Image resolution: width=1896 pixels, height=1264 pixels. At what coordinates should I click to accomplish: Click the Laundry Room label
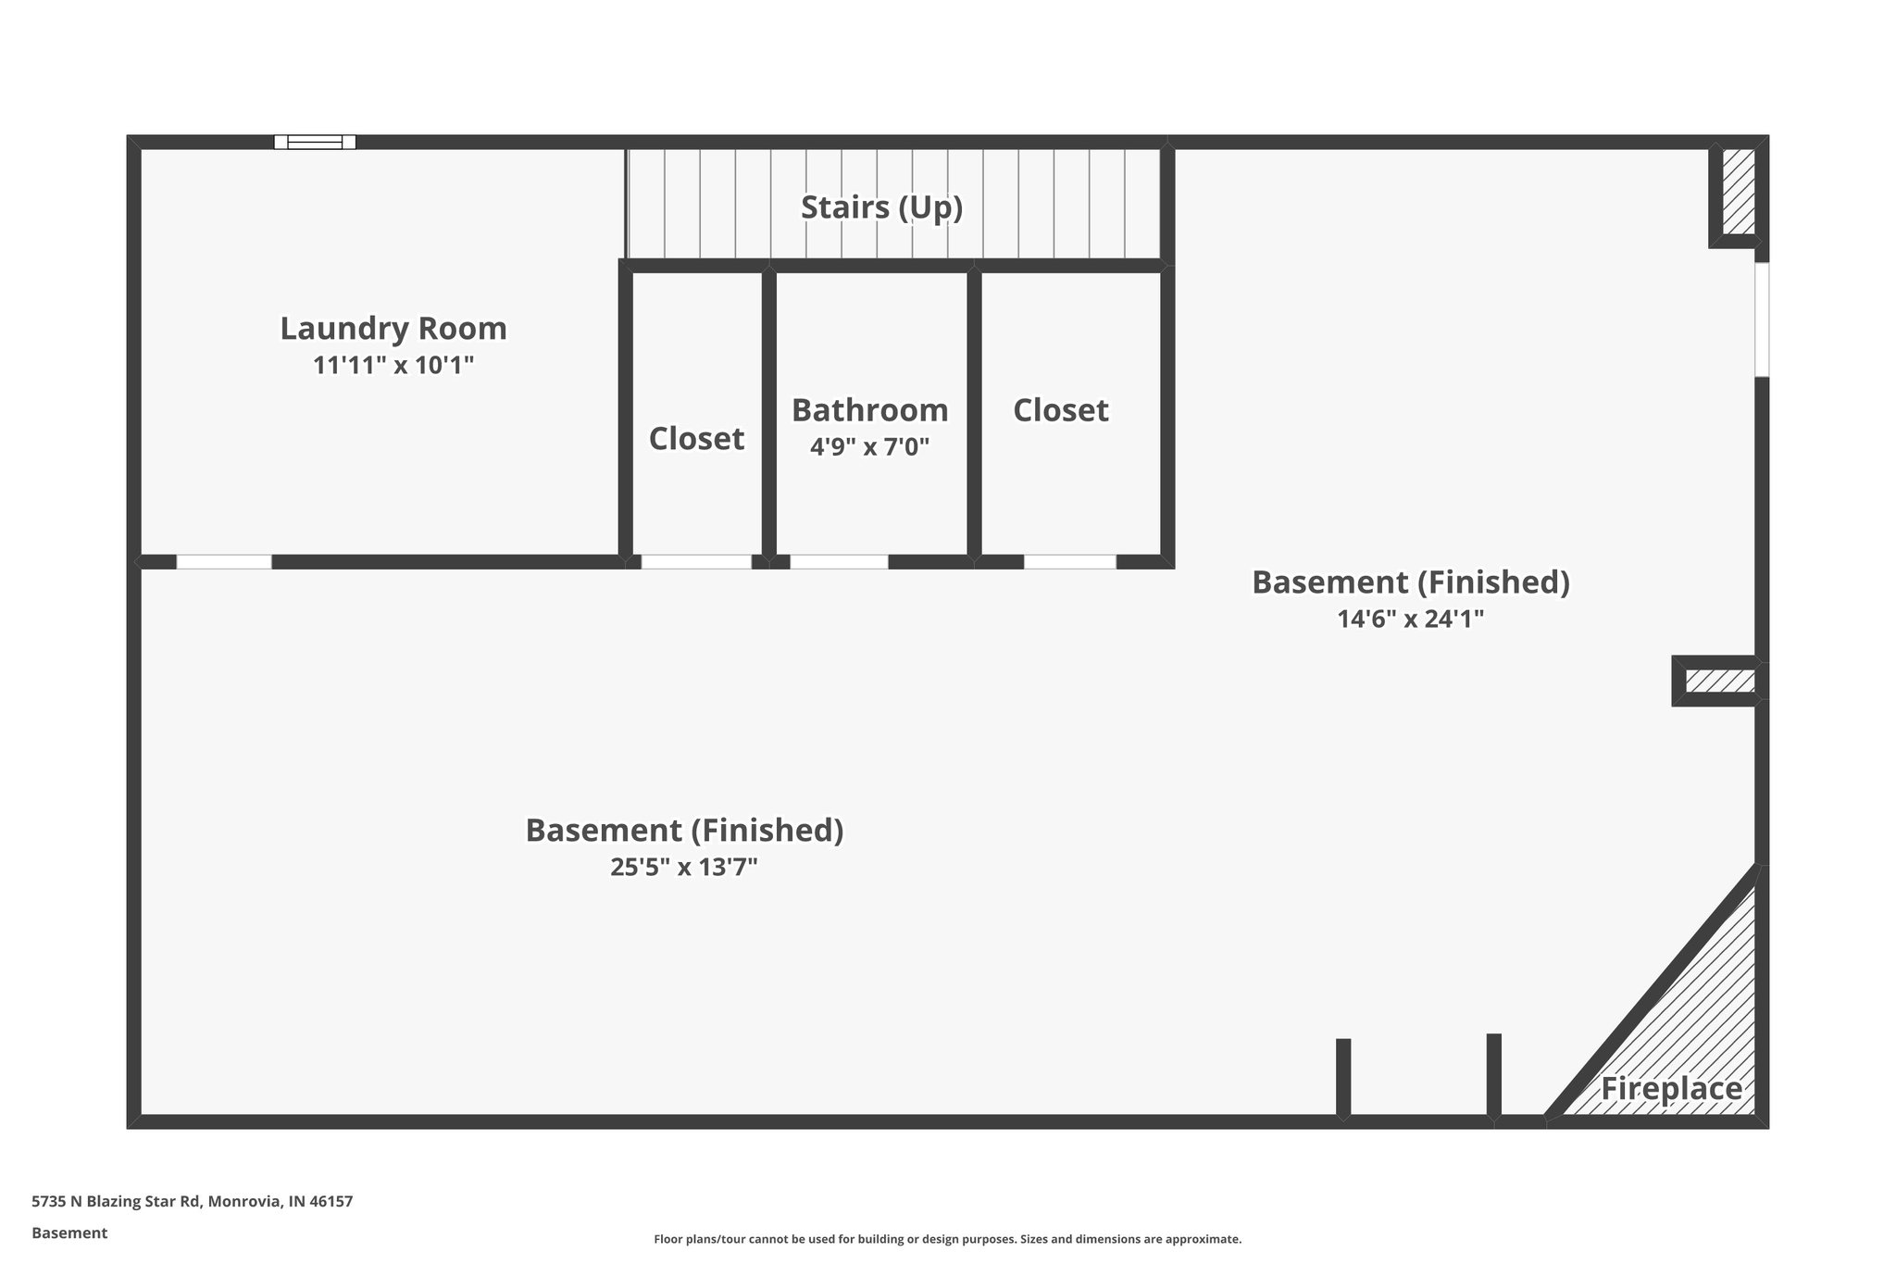pos(393,329)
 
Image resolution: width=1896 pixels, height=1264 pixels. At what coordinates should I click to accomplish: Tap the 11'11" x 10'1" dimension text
pos(393,366)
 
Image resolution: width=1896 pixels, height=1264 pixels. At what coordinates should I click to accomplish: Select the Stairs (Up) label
pos(881,207)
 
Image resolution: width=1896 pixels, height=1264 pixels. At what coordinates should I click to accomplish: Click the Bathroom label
pos(869,410)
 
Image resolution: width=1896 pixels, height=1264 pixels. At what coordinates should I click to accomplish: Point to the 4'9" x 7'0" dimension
pos(869,447)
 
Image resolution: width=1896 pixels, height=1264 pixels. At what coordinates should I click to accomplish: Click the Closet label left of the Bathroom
pos(696,439)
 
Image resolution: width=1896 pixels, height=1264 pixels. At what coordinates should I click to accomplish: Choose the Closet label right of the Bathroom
pos(1060,410)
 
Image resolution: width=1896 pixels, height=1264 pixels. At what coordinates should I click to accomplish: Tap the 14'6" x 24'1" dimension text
pos(1410,619)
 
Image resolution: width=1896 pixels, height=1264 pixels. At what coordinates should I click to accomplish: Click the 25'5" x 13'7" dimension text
pos(684,868)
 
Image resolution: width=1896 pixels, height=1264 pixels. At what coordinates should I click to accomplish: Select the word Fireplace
pos(1671,1089)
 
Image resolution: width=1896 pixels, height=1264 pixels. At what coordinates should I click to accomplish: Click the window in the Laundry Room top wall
pos(315,142)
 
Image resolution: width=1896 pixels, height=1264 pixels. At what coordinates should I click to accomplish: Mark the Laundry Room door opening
pos(224,562)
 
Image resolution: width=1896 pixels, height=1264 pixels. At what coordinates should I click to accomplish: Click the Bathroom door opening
pos(839,562)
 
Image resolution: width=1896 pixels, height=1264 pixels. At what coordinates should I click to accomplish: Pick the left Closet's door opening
pos(696,562)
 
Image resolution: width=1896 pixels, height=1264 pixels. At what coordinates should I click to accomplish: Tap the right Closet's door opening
pos(1069,562)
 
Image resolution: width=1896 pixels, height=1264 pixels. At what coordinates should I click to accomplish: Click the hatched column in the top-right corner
pos(1738,193)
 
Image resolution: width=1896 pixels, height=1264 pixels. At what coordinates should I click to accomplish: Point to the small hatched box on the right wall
pos(1719,682)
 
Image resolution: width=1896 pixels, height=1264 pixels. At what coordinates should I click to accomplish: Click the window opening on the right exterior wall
pos(1762,319)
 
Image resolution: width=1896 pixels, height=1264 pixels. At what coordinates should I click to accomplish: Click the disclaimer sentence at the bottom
pos(947,1239)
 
